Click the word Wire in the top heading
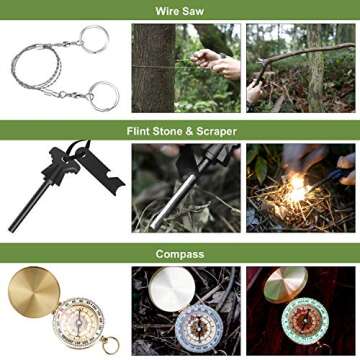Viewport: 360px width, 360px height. click(167, 9)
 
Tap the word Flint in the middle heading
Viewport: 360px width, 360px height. click(138, 131)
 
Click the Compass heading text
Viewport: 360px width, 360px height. click(180, 254)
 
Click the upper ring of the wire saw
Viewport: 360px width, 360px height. click(95, 38)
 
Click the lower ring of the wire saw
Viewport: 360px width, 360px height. click(103, 95)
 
